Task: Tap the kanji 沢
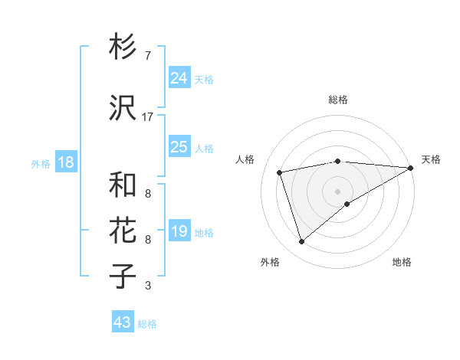(123, 107)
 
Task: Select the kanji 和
(123, 185)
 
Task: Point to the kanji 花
(123, 230)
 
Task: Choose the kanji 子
(123, 276)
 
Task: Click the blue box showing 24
(179, 77)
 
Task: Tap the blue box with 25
(179, 146)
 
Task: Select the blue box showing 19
(179, 231)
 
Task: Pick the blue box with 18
(64, 162)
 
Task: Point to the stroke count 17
(147, 117)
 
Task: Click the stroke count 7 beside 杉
(147, 56)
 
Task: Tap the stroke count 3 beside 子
(147, 286)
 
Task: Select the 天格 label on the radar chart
(431, 159)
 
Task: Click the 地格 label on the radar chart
(402, 262)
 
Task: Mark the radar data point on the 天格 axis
(411, 168)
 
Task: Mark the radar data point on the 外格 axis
(301, 242)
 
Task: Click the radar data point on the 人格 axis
(280, 172)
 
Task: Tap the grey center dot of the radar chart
(337, 191)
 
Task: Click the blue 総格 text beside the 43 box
(147, 324)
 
